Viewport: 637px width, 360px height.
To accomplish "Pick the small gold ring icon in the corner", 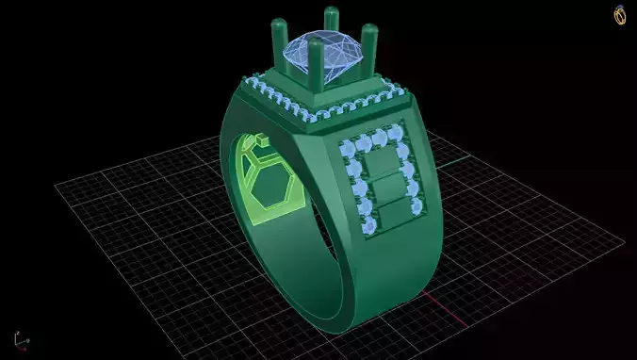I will click(620, 15).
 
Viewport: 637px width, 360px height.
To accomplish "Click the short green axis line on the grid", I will click(456, 161).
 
